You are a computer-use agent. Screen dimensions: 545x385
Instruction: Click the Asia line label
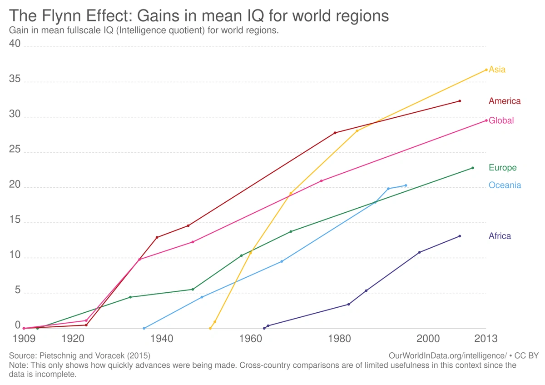click(x=497, y=70)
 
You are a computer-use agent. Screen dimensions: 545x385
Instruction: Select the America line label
click(x=505, y=101)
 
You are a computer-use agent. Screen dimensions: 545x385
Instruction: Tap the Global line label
click(x=501, y=120)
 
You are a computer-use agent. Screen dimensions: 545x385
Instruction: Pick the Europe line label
click(x=503, y=168)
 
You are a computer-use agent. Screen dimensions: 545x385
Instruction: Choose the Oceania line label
click(x=505, y=185)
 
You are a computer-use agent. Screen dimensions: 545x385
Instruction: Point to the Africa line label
click(x=500, y=236)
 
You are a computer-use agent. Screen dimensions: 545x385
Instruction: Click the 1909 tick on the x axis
click(x=24, y=339)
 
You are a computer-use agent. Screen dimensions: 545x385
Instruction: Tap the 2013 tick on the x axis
click(x=486, y=339)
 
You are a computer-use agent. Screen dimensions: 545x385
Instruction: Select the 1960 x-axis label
click(x=251, y=339)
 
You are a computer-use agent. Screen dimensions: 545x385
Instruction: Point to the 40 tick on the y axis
click(x=15, y=44)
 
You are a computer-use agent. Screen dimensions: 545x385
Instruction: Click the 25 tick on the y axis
click(x=15, y=149)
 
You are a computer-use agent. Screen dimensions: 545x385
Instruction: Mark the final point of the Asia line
click(x=486, y=70)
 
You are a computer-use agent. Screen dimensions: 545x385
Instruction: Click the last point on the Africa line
click(x=460, y=236)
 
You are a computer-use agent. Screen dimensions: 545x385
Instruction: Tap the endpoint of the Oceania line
click(x=406, y=185)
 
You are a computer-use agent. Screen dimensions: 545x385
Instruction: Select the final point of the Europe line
click(x=473, y=168)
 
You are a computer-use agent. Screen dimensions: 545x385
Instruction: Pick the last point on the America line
click(x=460, y=101)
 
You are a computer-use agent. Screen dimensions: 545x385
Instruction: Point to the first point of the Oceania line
click(x=144, y=328)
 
